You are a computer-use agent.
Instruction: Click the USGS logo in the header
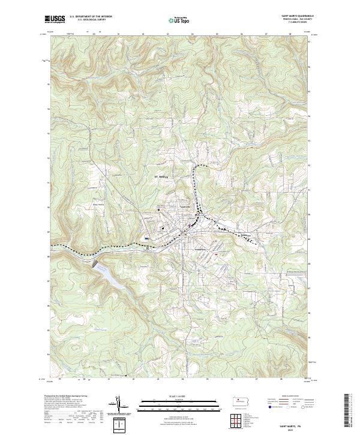click(x=53, y=19)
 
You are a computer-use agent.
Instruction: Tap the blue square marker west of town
click(x=146, y=238)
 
